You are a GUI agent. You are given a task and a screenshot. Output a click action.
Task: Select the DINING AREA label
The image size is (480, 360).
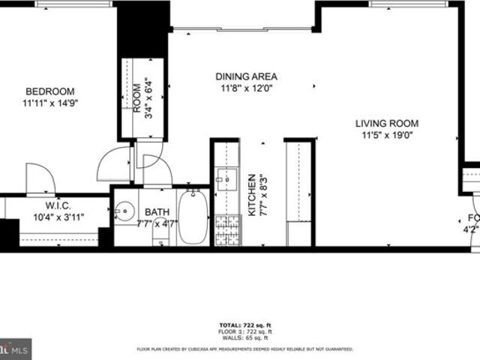click(x=246, y=76)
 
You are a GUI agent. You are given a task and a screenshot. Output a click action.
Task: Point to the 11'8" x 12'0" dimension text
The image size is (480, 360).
click(x=246, y=88)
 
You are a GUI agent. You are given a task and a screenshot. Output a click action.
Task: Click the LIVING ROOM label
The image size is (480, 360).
click(x=387, y=124)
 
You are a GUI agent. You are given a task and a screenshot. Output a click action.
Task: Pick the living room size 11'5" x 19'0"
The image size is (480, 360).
click(x=387, y=136)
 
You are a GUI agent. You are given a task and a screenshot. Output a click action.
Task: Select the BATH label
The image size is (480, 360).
click(x=157, y=212)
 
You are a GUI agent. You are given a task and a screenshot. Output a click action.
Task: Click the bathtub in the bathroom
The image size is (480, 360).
click(x=193, y=217)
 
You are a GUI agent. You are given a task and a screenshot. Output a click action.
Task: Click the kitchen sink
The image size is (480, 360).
click(x=225, y=179)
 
